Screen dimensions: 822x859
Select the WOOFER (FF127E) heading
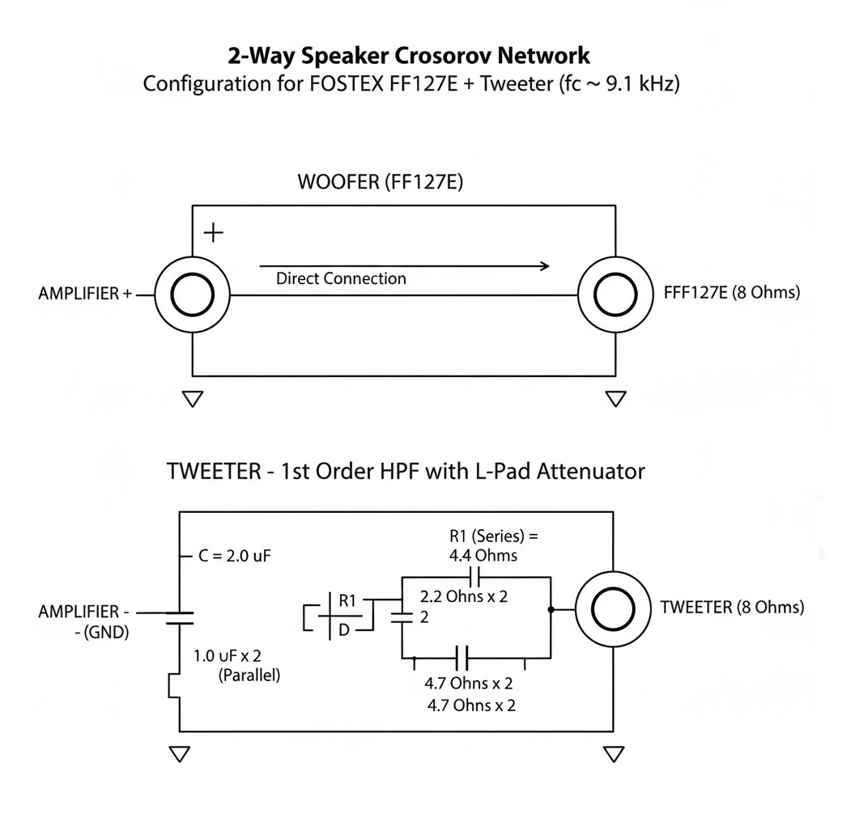pyautogui.click(x=381, y=182)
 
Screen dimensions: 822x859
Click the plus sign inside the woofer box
pyautogui.click(x=213, y=233)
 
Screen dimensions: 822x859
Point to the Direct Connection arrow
pyautogui.click(x=405, y=265)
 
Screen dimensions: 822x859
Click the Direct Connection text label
pyautogui.click(x=341, y=279)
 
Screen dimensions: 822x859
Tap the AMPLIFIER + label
pyautogui.click(x=85, y=294)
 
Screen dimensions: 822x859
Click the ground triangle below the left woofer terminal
pyautogui.click(x=193, y=398)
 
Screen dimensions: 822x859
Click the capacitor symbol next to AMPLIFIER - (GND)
pyautogui.click(x=180, y=618)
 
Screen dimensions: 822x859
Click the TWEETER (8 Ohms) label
pyautogui.click(x=732, y=608)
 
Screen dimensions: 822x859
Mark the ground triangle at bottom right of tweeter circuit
pyautogui.click(x=614, y=754)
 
